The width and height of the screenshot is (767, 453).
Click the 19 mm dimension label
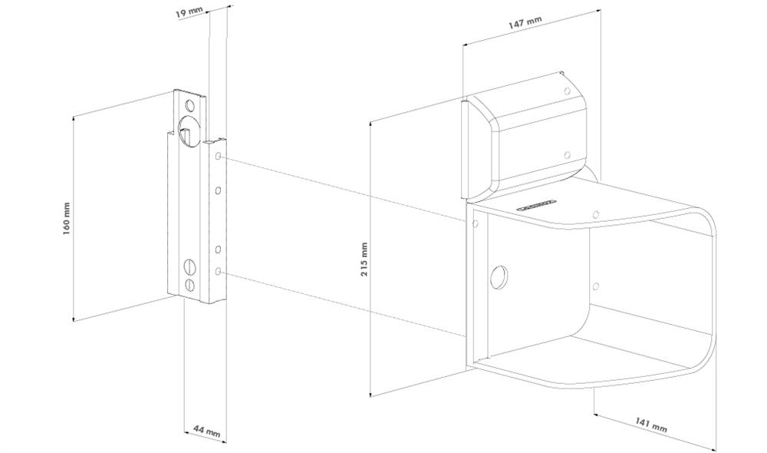click(x=189, y=12)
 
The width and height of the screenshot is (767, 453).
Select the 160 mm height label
click(x=67, y=218)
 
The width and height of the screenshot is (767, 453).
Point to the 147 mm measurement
click(x=525, y=22)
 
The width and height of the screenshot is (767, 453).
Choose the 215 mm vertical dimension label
click(x=364, y=259)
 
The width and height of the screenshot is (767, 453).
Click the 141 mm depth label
click(x=651, y=424)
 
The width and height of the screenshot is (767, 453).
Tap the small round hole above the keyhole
click(x=189, y=106)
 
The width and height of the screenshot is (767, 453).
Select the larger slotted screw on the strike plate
click(x=189, y=267)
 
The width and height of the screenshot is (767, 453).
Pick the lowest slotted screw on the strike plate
click(x=189, y=285)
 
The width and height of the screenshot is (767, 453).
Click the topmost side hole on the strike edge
click(x=218, y=157)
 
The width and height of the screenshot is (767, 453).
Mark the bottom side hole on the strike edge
click(x=218, y=271)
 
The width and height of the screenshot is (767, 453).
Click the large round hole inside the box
click(x=499, y=276)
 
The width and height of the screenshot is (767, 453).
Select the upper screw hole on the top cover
click(x=568, y=91)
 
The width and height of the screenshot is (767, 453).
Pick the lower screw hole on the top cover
click(x=568, y=155)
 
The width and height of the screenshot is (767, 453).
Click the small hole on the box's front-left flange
click(x=476, y=223)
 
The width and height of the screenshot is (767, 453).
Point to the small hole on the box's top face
click(x=596, y=214)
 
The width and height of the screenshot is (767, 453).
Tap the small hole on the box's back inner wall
click(x=596, y=286)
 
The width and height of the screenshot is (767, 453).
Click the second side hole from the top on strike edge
click(x=218, y=190)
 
